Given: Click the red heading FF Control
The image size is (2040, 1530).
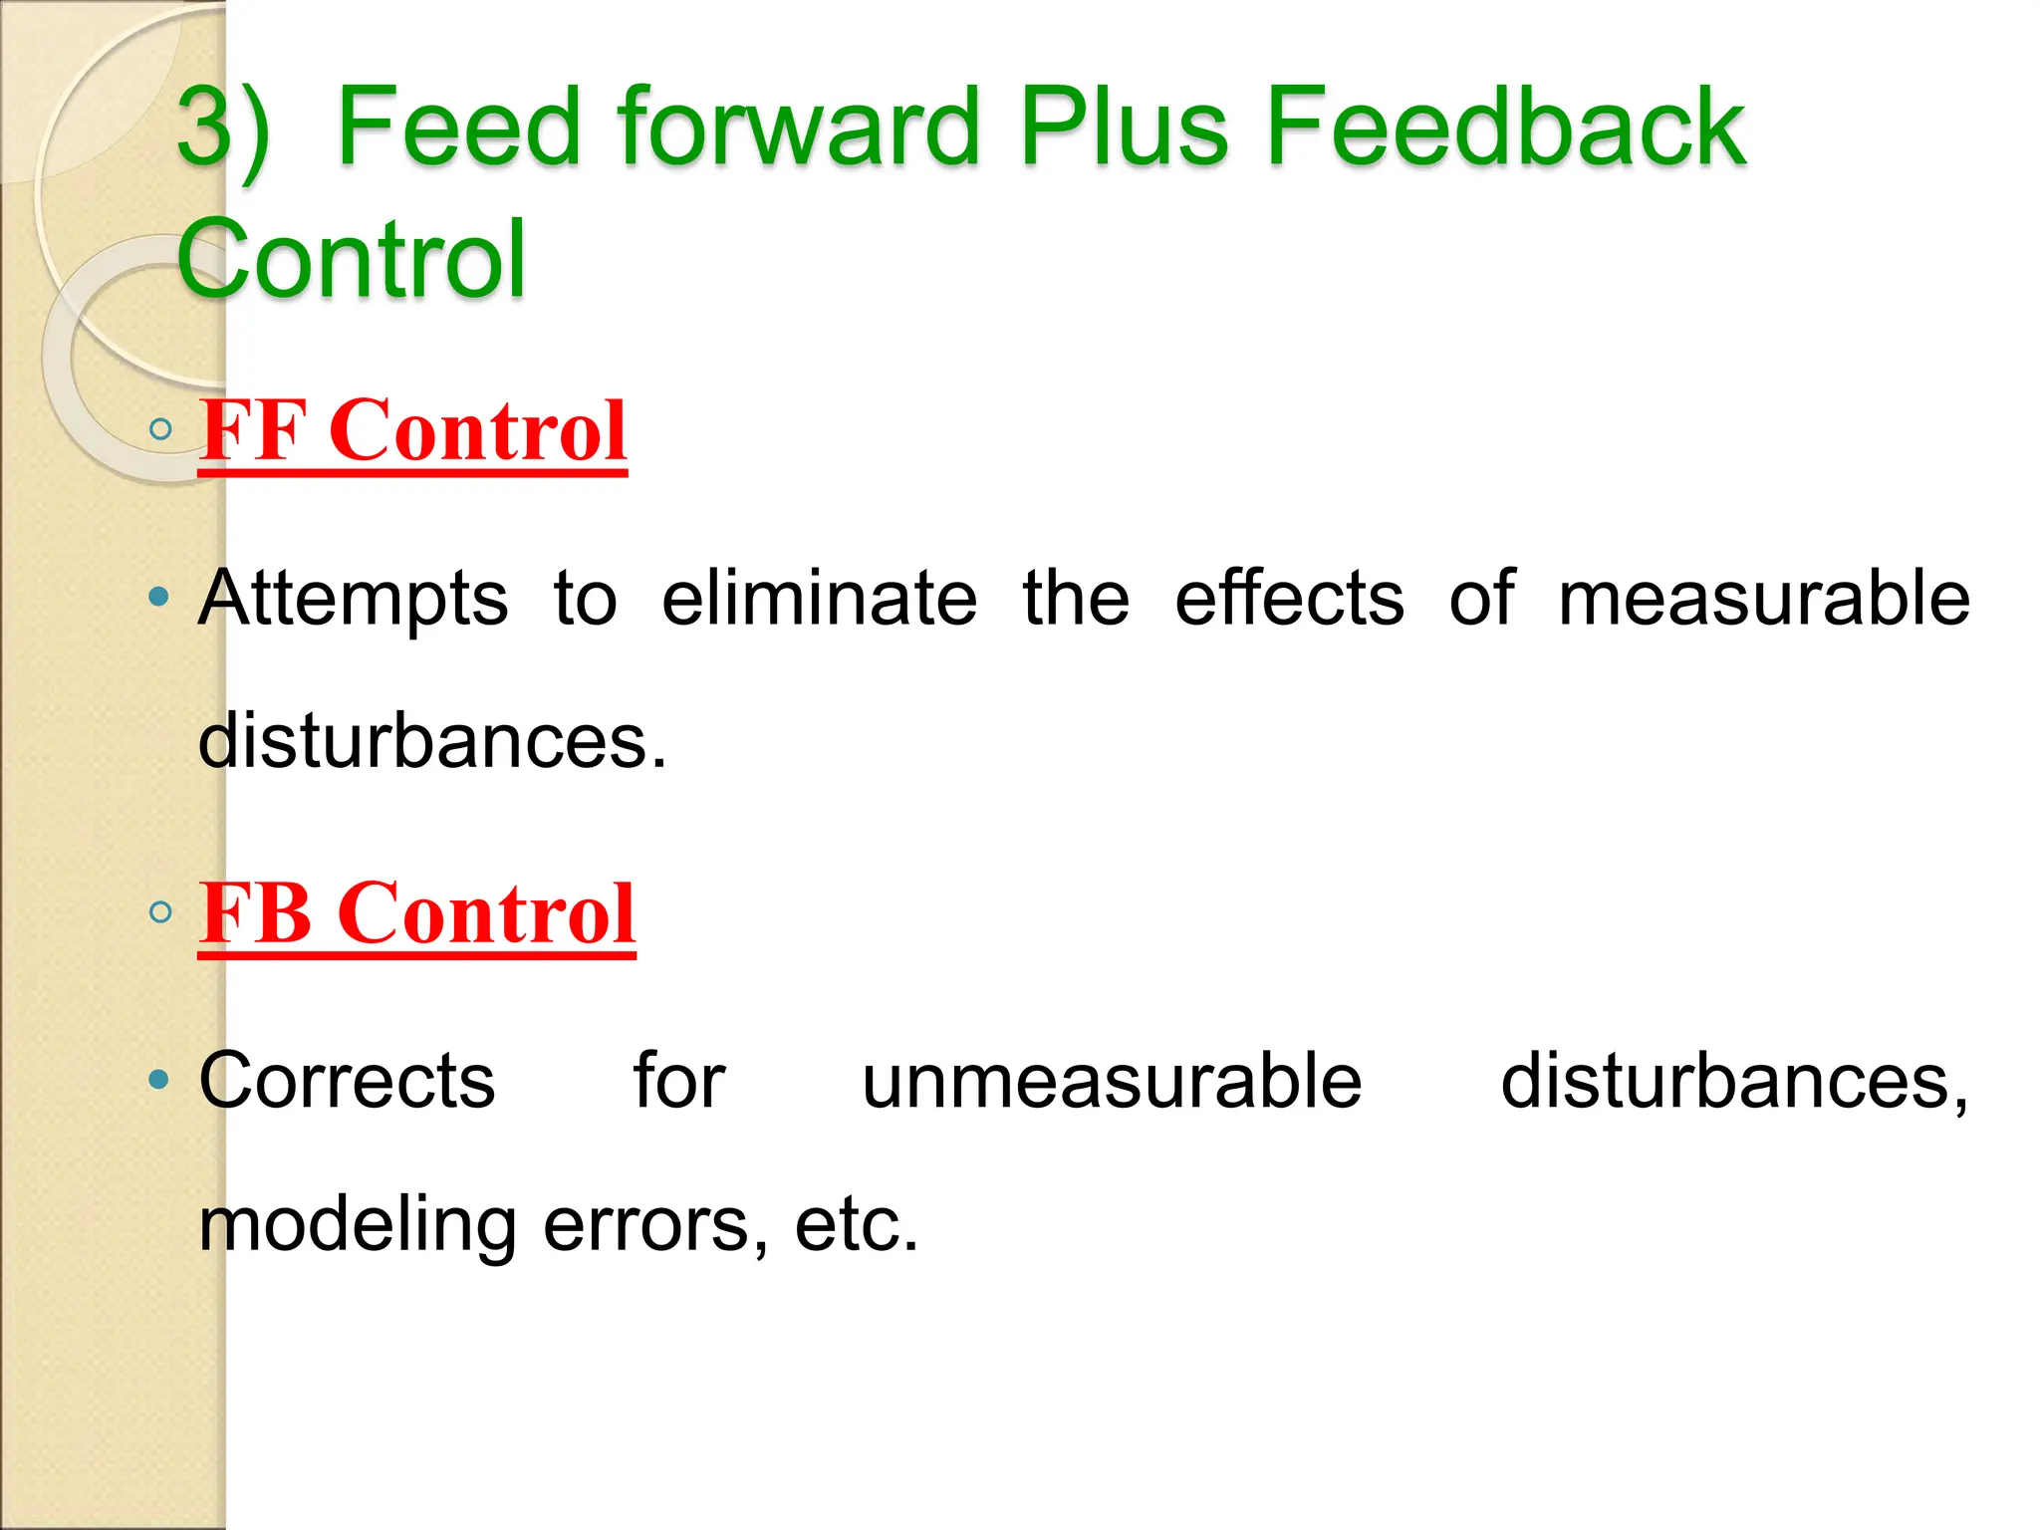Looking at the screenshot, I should click(x=412, y=430).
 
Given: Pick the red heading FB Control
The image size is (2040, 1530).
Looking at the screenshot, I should click(x=416, y=912).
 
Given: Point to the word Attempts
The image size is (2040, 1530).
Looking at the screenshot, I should click(x=354, y=600).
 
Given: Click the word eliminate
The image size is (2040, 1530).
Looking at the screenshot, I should click(x=819, y=600).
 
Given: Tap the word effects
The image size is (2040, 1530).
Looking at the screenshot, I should click(x=1289, y=600).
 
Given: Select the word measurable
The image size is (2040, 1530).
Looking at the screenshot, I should click(x=1763, y=600).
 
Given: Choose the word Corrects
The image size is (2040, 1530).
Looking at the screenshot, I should click(x=347, y=1082).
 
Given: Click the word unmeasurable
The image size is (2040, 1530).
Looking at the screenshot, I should click(x=1112, y=1082).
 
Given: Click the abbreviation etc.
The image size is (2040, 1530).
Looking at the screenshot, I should click(x=856, y=1225).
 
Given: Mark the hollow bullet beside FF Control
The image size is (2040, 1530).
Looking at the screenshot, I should click(x=159, y=430).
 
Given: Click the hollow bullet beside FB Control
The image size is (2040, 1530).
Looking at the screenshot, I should click(x=159, y=912).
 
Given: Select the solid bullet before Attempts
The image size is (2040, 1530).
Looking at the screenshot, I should click(x=158, y=598).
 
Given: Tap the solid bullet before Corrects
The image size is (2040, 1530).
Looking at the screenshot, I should click(x=158, y=1080).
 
